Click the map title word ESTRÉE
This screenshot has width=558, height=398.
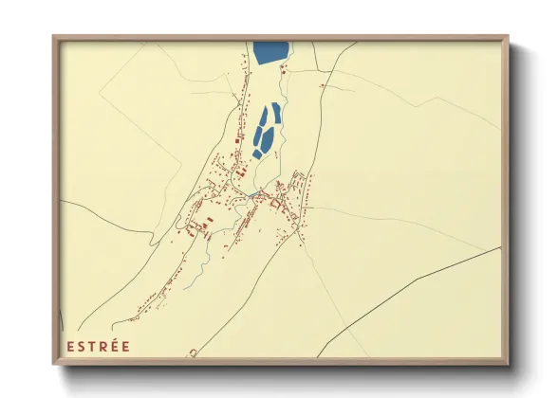coord(98,346)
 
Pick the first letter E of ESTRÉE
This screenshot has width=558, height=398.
coord(70,346)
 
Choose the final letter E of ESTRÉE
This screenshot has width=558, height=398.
coord(127,346)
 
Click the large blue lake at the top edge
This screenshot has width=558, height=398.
coord(271,52)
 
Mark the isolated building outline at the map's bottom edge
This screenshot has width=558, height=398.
coord(194,353)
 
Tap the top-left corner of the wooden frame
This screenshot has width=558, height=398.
coord(54,38)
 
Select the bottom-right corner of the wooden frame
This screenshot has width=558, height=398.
coord(507,363)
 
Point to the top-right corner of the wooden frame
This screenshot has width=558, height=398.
coord(507,38)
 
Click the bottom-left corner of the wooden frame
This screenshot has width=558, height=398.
coord(54,363)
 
